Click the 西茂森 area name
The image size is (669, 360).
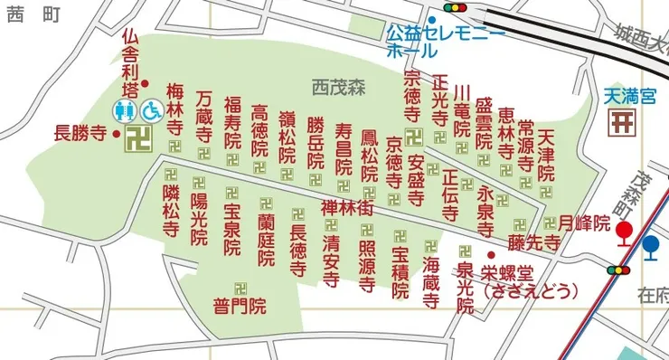pos(336,88)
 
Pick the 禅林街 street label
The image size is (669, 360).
pos(347,208)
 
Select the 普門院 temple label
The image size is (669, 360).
pos(239,306)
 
